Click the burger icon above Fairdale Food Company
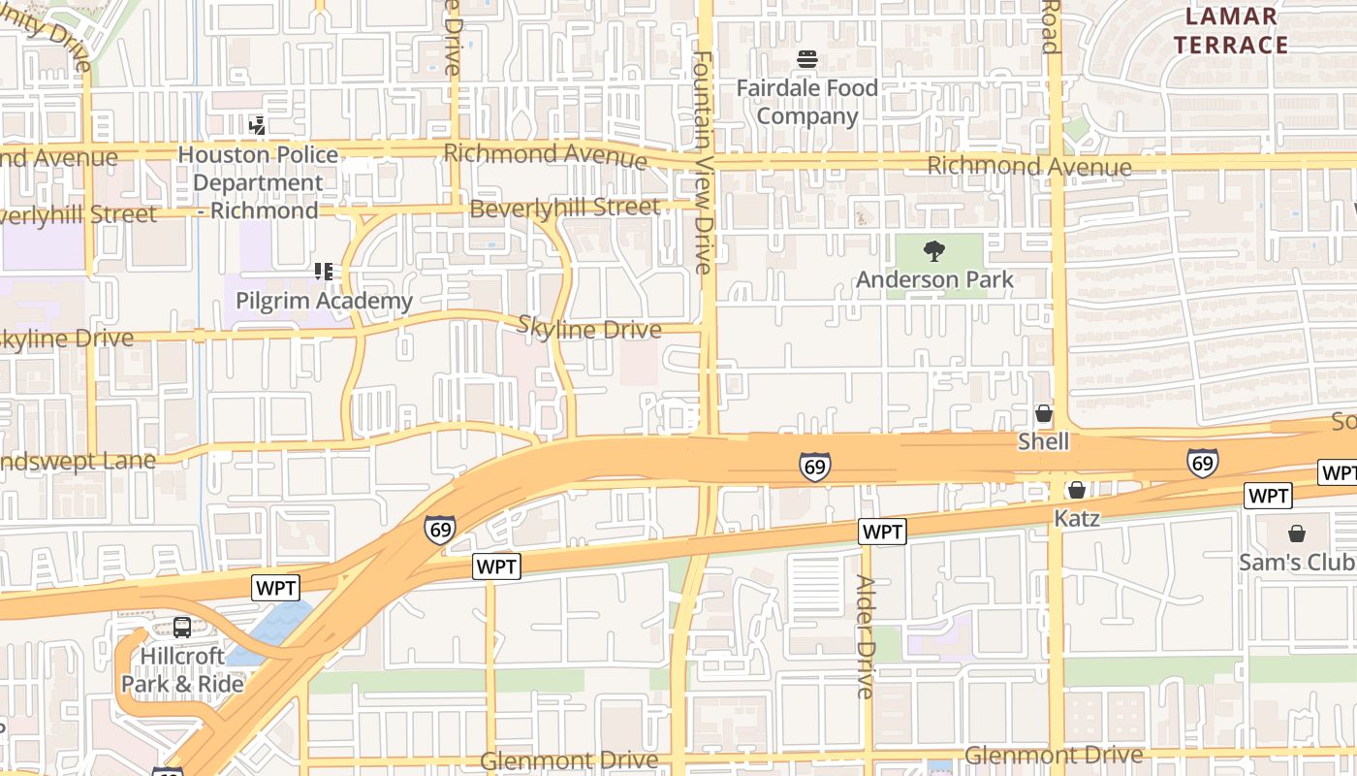pos(807,59)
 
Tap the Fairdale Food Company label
pos(807,102)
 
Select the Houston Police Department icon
pos(257,124)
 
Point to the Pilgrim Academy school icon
pos(324,272)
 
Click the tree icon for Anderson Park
pos(934,252)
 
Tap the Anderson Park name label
pos(934,279)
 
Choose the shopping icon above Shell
pos(1044,414)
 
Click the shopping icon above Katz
pos(1076,490)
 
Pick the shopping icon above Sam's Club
pos(1297,533)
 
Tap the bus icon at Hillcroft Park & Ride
pos(181,628)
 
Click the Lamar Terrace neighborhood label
pos(1231,30)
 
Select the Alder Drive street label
pos(865,635)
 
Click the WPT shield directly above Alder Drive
pos(882,532)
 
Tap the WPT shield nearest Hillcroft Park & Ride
pos(276,587)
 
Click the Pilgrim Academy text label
pos(324,301)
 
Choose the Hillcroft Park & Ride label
pos(182,670)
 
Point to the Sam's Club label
pos(1297,563)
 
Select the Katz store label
pos(1077,518)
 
